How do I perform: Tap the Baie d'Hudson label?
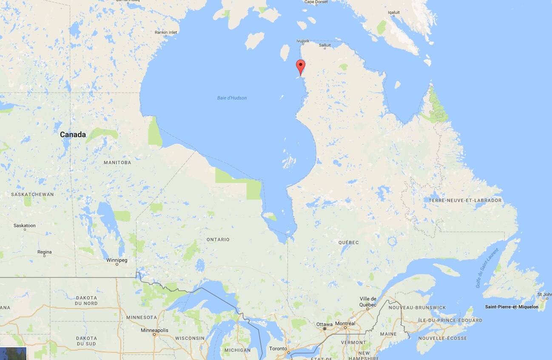click(232, 98)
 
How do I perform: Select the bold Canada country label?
click(73, 134)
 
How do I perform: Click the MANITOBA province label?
click(117, 163)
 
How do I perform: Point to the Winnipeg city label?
click(117, 260)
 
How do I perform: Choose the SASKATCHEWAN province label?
click(32, 194)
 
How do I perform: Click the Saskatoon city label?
click(25, 226)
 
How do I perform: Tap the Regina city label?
click(44, 252)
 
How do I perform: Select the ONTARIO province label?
click(218, 240)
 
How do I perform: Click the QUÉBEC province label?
click(348, 243)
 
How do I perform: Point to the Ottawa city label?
click(324, 324)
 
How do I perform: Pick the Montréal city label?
click(345, 324)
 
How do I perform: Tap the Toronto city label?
click(278, 349)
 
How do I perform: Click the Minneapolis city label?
click(155, 331)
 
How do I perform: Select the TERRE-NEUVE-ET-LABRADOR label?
click(465, 200)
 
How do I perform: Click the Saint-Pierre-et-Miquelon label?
click(512, 307)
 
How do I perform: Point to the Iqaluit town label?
click(394, 12)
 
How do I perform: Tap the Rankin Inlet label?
click(166, 32)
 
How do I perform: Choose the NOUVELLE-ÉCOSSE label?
click(442, 338)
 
